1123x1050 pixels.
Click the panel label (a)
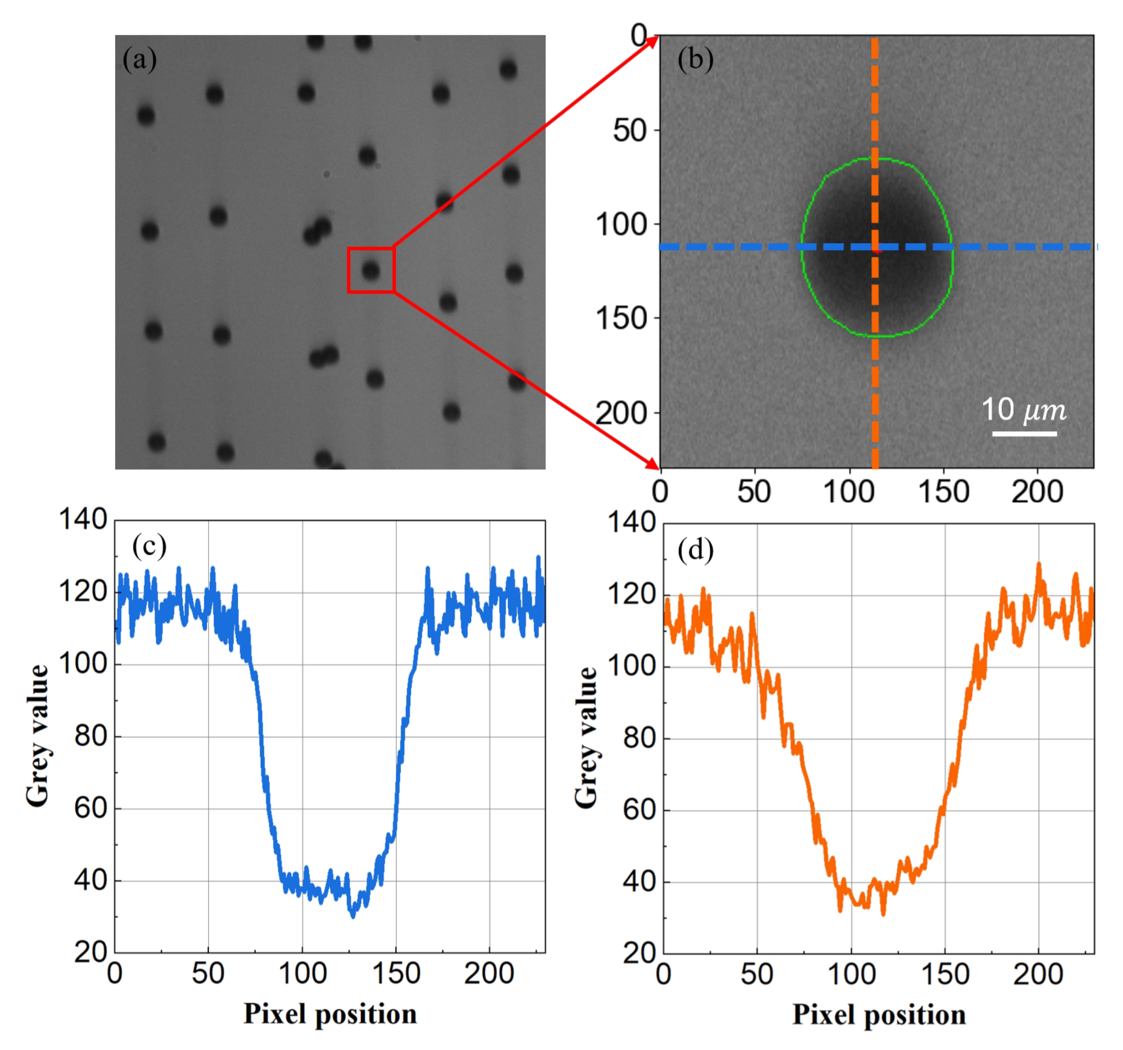(139, 59)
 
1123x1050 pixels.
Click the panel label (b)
(695, 59)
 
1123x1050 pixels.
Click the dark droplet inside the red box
(371, 271)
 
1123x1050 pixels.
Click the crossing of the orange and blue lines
(874, 247)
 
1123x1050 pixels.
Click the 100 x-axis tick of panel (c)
(303, 973)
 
